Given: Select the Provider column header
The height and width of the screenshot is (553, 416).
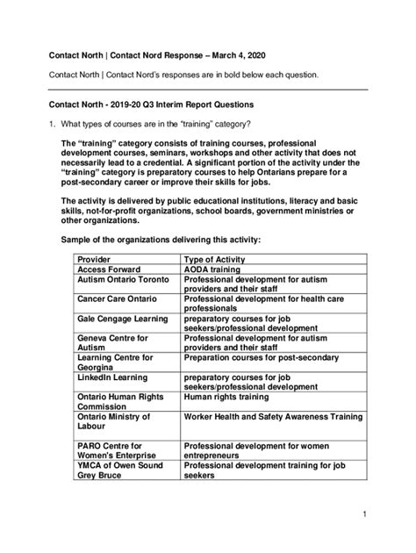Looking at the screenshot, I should coord(97,260).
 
